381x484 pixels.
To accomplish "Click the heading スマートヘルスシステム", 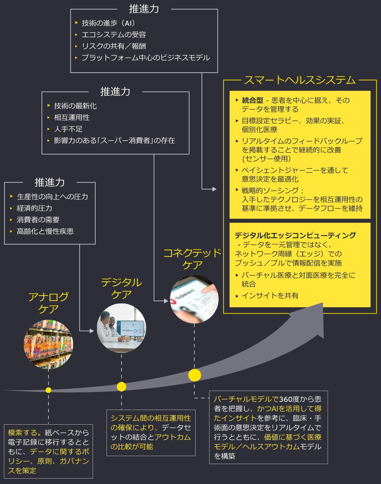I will click(300, 80).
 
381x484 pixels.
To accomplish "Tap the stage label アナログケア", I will click(48, 303).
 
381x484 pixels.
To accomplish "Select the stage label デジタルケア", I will click(121, 288).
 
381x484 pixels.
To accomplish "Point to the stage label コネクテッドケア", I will click(192, 259).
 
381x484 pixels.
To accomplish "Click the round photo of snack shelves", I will click(48, 344).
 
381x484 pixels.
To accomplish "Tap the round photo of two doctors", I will click(121, 328).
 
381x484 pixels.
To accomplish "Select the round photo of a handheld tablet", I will click(194, 299).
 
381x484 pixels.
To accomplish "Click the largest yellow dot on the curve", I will click(195, 375).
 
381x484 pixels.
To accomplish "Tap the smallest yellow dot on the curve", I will click(48, 390).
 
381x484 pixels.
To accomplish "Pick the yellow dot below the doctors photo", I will click(121, 387).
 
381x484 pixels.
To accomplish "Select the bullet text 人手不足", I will click(68, 129).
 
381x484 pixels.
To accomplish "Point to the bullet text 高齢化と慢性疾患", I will click(45, 231).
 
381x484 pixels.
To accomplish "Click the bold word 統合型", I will click(253, 100).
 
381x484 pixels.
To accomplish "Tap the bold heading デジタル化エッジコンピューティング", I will click(295, 235).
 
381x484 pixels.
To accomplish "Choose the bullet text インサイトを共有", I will click(270, 296).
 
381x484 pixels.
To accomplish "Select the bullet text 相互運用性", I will click(72, 117).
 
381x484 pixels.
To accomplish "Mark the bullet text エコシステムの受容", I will click(114, 35).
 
